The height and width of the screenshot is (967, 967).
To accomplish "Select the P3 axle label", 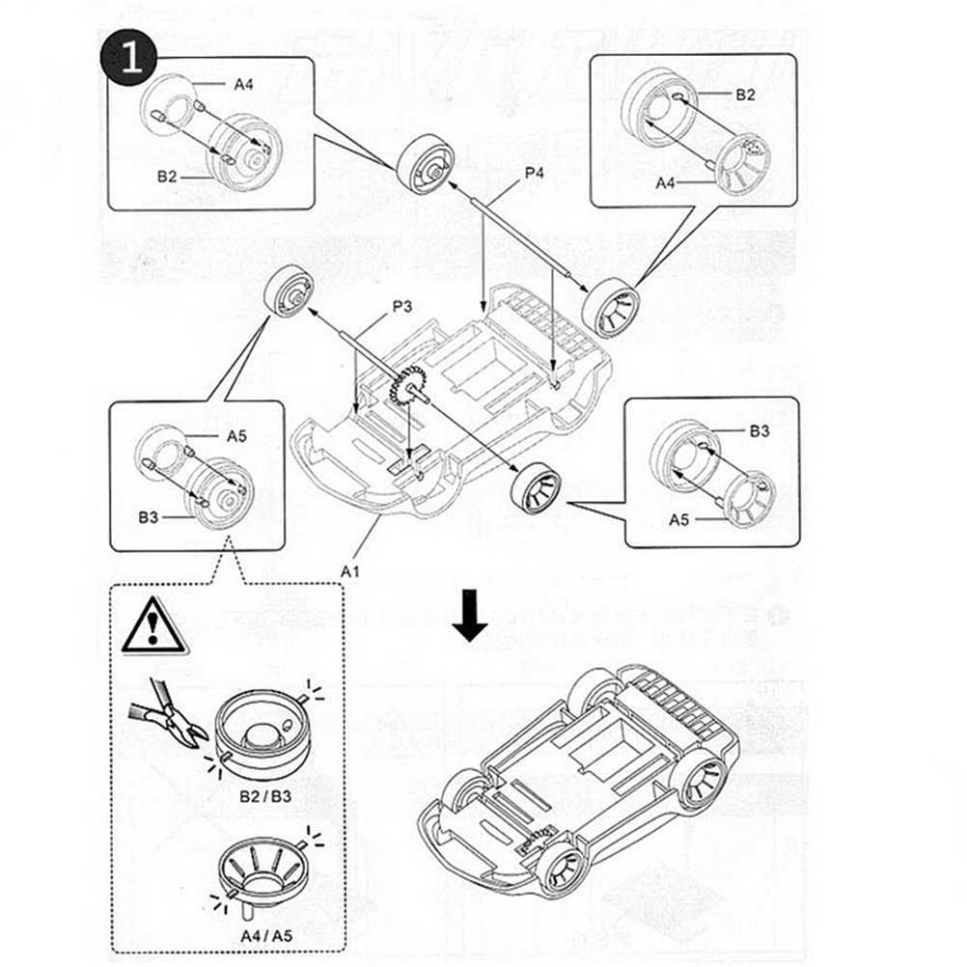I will point(401,308).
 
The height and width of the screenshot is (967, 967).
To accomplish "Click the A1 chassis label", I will point(349,570).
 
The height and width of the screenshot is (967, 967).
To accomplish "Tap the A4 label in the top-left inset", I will point(243,84).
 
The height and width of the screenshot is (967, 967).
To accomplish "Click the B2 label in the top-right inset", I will point(745,94).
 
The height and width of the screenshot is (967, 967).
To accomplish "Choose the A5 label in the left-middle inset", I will point(236,435).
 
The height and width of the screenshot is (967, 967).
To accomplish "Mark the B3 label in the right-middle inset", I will point(760,431).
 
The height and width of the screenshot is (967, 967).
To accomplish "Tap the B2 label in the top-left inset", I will point(168,177).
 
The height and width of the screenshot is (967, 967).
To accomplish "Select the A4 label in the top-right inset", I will point(668,182).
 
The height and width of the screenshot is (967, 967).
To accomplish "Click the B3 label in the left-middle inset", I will point(148,518).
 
